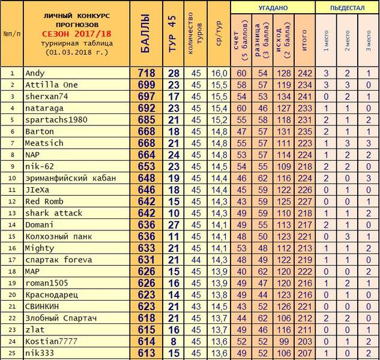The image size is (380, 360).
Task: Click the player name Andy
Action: (34, 73)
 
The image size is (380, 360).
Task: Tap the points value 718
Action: (147, 73)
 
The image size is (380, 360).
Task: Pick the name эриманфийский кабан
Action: (69, 178)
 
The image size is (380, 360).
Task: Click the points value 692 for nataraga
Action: (147, 108)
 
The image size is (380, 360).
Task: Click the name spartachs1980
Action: (56, 119)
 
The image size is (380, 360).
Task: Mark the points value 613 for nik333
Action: (147, 353)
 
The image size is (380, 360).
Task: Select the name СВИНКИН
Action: (43, 306)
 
